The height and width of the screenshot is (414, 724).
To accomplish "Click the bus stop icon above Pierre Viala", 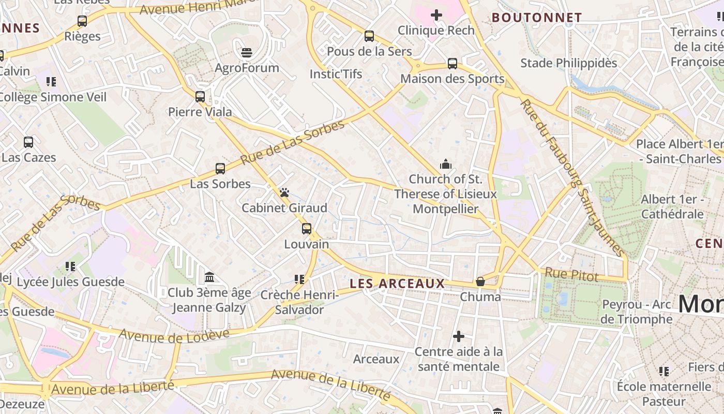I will [200, 96].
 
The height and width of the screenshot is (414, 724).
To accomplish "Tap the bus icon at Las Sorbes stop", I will [220, 168].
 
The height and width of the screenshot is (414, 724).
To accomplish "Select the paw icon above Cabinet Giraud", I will [284, 193].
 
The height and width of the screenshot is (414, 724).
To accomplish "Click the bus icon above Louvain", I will [307, 228].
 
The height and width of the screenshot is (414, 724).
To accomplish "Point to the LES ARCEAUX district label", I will [397, 284].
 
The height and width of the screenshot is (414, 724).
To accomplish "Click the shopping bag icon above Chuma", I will [480, 282].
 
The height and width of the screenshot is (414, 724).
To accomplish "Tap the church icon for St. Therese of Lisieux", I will [445, 165].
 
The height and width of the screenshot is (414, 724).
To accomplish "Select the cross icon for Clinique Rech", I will [436, 15].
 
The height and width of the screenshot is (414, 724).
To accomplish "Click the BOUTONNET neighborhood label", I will [536, 18].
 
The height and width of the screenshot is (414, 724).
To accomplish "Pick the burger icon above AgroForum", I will [247, 52].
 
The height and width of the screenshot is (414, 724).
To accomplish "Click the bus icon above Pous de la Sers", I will [369, 36].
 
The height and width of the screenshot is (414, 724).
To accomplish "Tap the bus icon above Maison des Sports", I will [452, 64].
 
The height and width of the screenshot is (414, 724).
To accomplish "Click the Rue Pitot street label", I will [571, 275].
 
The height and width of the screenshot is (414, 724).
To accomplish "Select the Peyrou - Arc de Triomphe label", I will [636, 312].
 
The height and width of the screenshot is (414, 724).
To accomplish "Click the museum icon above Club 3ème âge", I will [209, 277].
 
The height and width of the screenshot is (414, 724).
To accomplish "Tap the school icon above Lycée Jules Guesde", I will [70, 267].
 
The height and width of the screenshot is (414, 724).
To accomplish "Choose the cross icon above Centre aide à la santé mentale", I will [459, 336].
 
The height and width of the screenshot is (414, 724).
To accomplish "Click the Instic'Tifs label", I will [336, 74].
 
